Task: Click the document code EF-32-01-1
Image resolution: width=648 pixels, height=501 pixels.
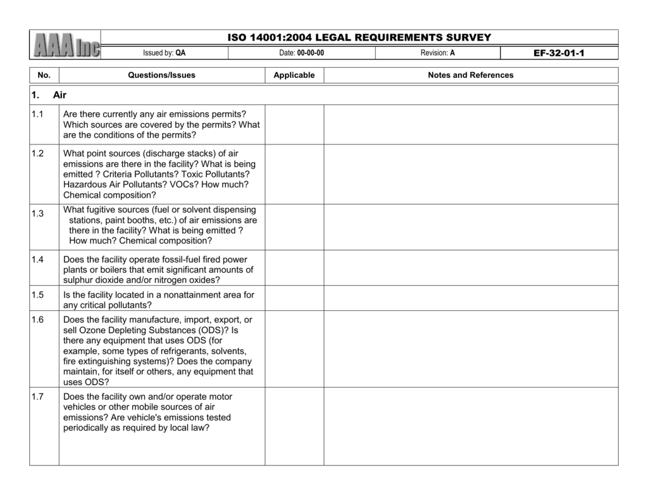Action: pos(559,53)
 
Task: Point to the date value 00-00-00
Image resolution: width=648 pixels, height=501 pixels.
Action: pos(310,53)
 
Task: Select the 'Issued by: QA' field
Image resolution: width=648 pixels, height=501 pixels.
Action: pos(164,53)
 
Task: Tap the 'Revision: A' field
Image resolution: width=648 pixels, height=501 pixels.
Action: pos(437,53)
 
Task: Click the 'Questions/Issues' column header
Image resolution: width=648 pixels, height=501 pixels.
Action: pos(161,75)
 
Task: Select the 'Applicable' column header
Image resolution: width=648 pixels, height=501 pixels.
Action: pos(294,75)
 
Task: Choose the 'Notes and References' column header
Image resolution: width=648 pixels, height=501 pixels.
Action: pos(470,75)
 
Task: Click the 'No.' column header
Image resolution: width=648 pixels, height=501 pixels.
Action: pos(44,75)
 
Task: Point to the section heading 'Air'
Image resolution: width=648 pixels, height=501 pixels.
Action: pos(59,95)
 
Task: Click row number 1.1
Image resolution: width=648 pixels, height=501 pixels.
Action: pos(37,115)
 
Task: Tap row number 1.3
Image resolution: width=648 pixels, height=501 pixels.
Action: pos(37,213)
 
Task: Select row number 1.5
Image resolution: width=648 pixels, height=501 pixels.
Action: pos(37,295)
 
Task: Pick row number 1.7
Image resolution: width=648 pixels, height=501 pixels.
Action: pos(37,397)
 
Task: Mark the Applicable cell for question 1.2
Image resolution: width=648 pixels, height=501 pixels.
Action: pos(294,174)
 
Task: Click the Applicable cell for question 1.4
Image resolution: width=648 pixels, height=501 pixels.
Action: pos(294,267)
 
